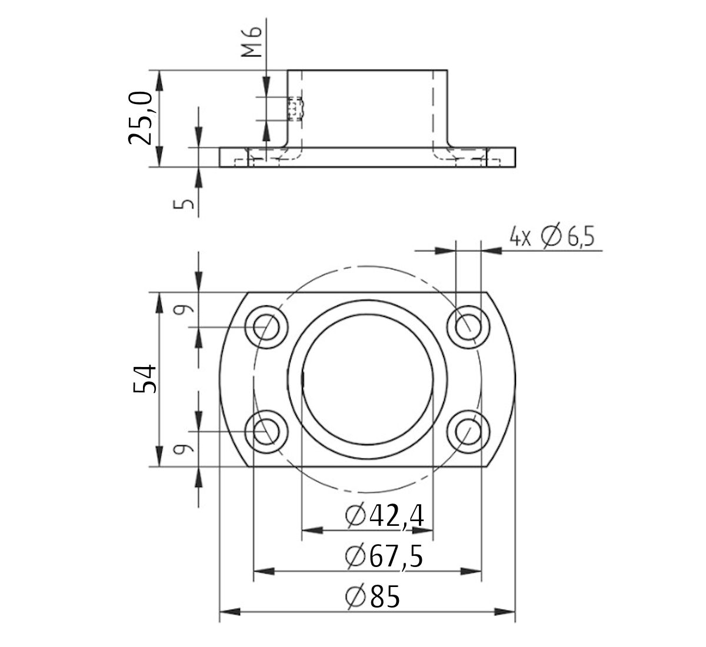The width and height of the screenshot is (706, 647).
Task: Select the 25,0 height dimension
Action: coord(141,118)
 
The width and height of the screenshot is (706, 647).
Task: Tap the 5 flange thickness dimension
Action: coord(185,204)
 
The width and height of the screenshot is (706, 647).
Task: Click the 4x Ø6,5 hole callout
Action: coord(552,237)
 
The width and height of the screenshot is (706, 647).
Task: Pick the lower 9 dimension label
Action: coord(184,450)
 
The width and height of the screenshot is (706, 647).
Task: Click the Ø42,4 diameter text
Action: coord(386,516)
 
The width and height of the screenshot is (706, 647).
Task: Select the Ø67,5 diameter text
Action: coord(385,556)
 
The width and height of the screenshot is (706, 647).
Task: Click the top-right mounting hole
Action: coord(468,326)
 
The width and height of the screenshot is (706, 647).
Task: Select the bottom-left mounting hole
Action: coord(267,432)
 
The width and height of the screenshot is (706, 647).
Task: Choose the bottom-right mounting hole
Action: coord(468,432)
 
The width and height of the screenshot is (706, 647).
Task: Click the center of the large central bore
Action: coord(368,379)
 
